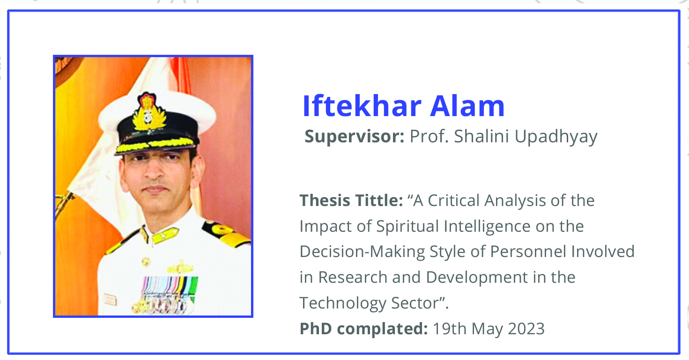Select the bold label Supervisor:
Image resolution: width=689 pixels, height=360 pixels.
(355, 137)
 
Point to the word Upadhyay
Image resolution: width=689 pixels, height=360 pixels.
(556, 137)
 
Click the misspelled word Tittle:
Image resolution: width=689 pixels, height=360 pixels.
(379, 200)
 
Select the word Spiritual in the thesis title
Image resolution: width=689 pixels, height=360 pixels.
(408, 227)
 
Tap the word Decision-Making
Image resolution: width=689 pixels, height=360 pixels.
(363, 252)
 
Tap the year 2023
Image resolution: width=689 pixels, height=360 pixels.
(526, 329)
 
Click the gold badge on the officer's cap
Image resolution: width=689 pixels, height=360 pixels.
(149, 112)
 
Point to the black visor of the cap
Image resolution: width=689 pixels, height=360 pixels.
(157, 145)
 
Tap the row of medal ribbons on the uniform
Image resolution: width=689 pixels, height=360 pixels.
(170, 286)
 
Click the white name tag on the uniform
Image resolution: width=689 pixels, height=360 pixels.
(110, 299)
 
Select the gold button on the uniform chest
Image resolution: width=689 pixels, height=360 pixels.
(146, 262)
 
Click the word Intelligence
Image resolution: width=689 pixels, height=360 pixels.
(487, 227)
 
